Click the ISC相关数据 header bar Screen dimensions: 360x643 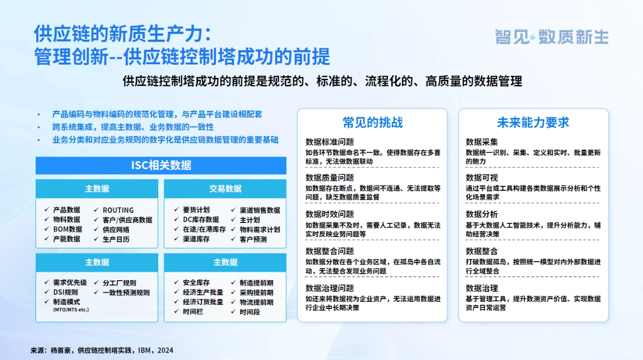pyautogui.click(x=161, y=166)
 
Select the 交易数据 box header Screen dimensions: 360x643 pyautogui.click(x=225, y=189)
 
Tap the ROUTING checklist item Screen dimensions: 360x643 pyautogui.click(x=118, y=210)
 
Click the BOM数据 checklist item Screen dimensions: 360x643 pyautogui.click(x=67, y=229)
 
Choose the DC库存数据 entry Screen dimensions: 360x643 pyautogui.click(x=200, y=220)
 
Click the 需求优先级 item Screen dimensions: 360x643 pyautogui.click(x=70, y=283)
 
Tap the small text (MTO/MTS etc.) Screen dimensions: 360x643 pyautogui.click(x=71, y=310)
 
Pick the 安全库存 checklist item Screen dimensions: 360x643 pyautogui.click(x=196, y=283)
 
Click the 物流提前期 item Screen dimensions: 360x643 pyautogui.click(x=256, y=302)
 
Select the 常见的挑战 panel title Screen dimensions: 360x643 pyautogui.click(x=372, y=123)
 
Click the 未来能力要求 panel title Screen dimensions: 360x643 pyautogui.click(x=533, y=123)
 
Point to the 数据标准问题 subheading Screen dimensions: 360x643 pyautogui.click(x=330, y=142)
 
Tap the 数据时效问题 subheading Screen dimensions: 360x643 pyautogui.click(x=330, y=214)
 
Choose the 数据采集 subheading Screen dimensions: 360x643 pyautogui.click(x=482, y=142)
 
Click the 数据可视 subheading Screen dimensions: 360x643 pyautogui.click(x=482, y=178)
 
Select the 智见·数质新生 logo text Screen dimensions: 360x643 pyautogui.click(x=551, y=37)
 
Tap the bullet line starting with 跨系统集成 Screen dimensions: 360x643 pyautogui.click(x=133, y=127)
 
